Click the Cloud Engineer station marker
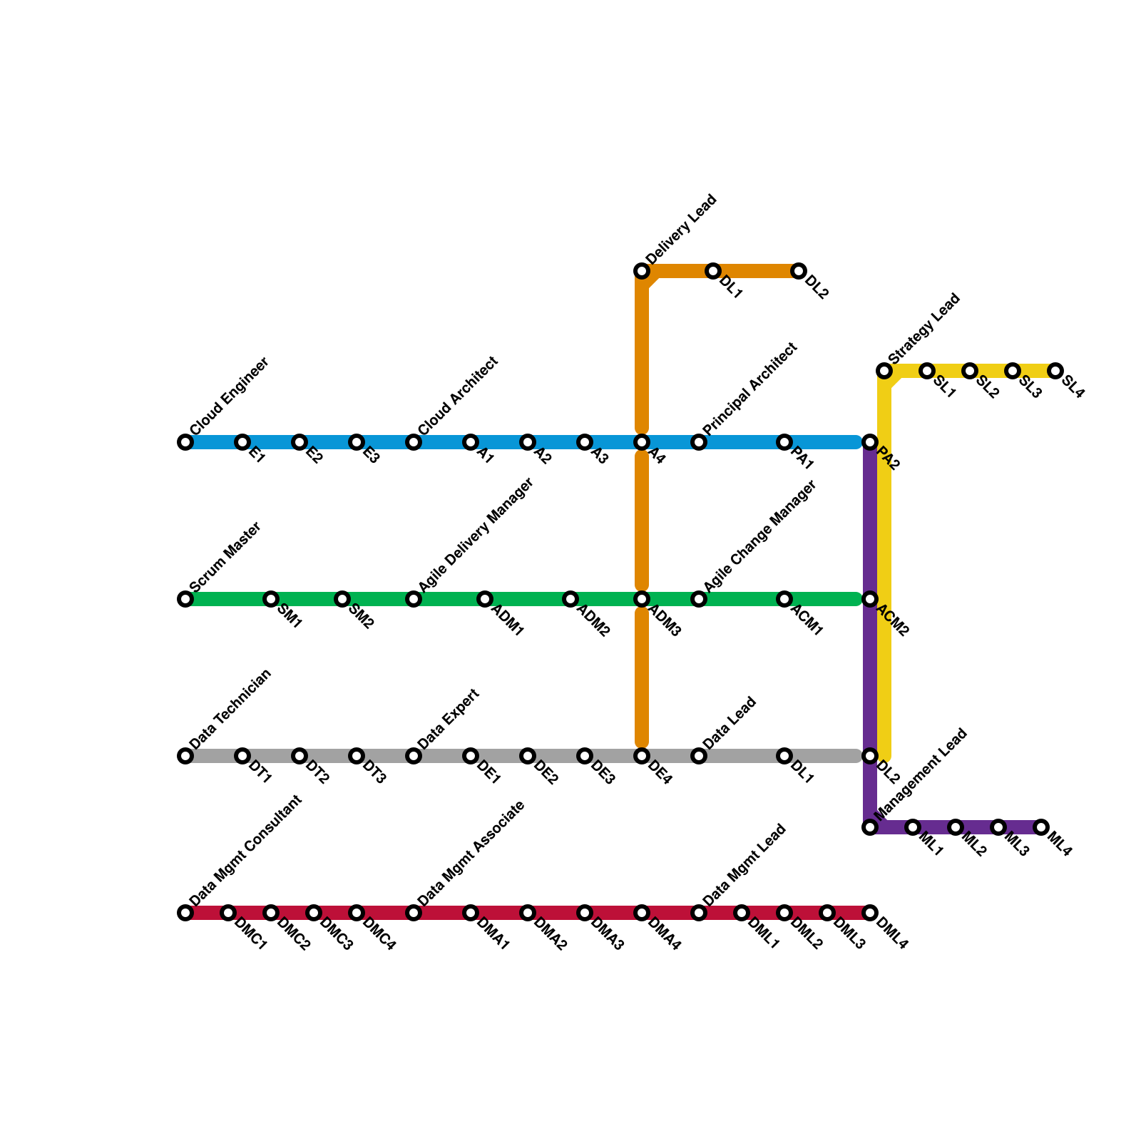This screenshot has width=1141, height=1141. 185,442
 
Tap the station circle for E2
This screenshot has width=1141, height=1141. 300,442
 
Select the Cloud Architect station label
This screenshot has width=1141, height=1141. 458,396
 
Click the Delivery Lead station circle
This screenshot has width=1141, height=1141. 642,271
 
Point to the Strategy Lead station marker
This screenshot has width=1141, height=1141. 884,371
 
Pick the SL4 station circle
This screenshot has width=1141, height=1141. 1055,371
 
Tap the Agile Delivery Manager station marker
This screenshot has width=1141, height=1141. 414,599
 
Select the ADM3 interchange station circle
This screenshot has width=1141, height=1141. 642,599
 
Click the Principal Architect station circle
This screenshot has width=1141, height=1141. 699,442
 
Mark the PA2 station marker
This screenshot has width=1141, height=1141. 870,442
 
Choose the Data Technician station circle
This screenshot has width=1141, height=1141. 185,756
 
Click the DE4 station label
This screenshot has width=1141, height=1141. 660,774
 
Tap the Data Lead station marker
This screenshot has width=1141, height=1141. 699,756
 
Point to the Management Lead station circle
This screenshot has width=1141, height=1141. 870,827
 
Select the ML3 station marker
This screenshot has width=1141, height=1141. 998,827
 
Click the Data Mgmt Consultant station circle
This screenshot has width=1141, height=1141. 185,913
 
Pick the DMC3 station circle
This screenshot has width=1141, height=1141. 314,913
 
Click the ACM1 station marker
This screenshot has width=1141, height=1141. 784,599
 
